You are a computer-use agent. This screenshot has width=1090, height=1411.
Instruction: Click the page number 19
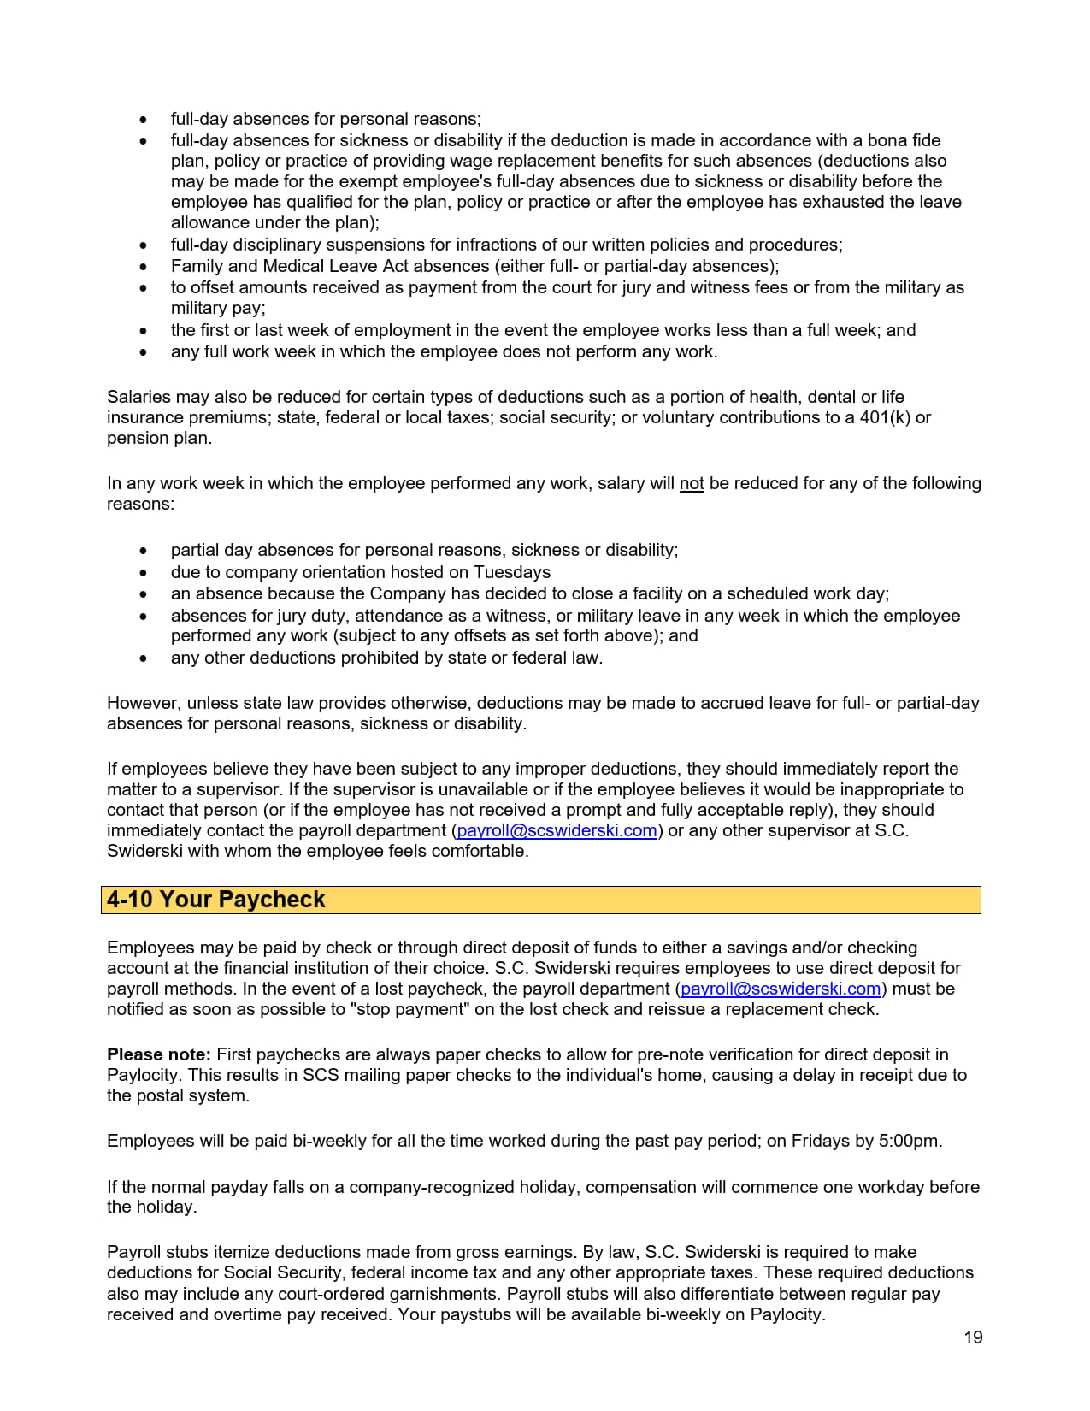click(x=973, y=1337)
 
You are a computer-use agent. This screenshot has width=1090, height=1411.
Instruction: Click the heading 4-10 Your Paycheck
click(x=216, y=900)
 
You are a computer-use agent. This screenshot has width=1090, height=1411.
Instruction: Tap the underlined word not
click(x=691, y=483)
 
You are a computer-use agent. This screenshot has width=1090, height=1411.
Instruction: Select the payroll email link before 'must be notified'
click(x=781, y=989)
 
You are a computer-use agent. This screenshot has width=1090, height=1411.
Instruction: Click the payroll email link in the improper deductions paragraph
click(x=557, y=830)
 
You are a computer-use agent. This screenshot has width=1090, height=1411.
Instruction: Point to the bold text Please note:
click(x=158, y=1054)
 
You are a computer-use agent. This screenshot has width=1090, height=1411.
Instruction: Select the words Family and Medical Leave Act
click(x=274, y=266)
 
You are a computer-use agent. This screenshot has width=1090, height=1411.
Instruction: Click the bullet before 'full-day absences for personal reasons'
click(x=143, y=120)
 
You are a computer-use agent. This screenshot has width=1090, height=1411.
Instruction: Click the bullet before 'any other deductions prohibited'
click(x=143, y=658)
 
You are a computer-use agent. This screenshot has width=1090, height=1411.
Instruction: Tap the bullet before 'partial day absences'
click(x=143, y=551)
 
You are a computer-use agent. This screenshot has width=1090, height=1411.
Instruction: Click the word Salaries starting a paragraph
click(x=138, y=397)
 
